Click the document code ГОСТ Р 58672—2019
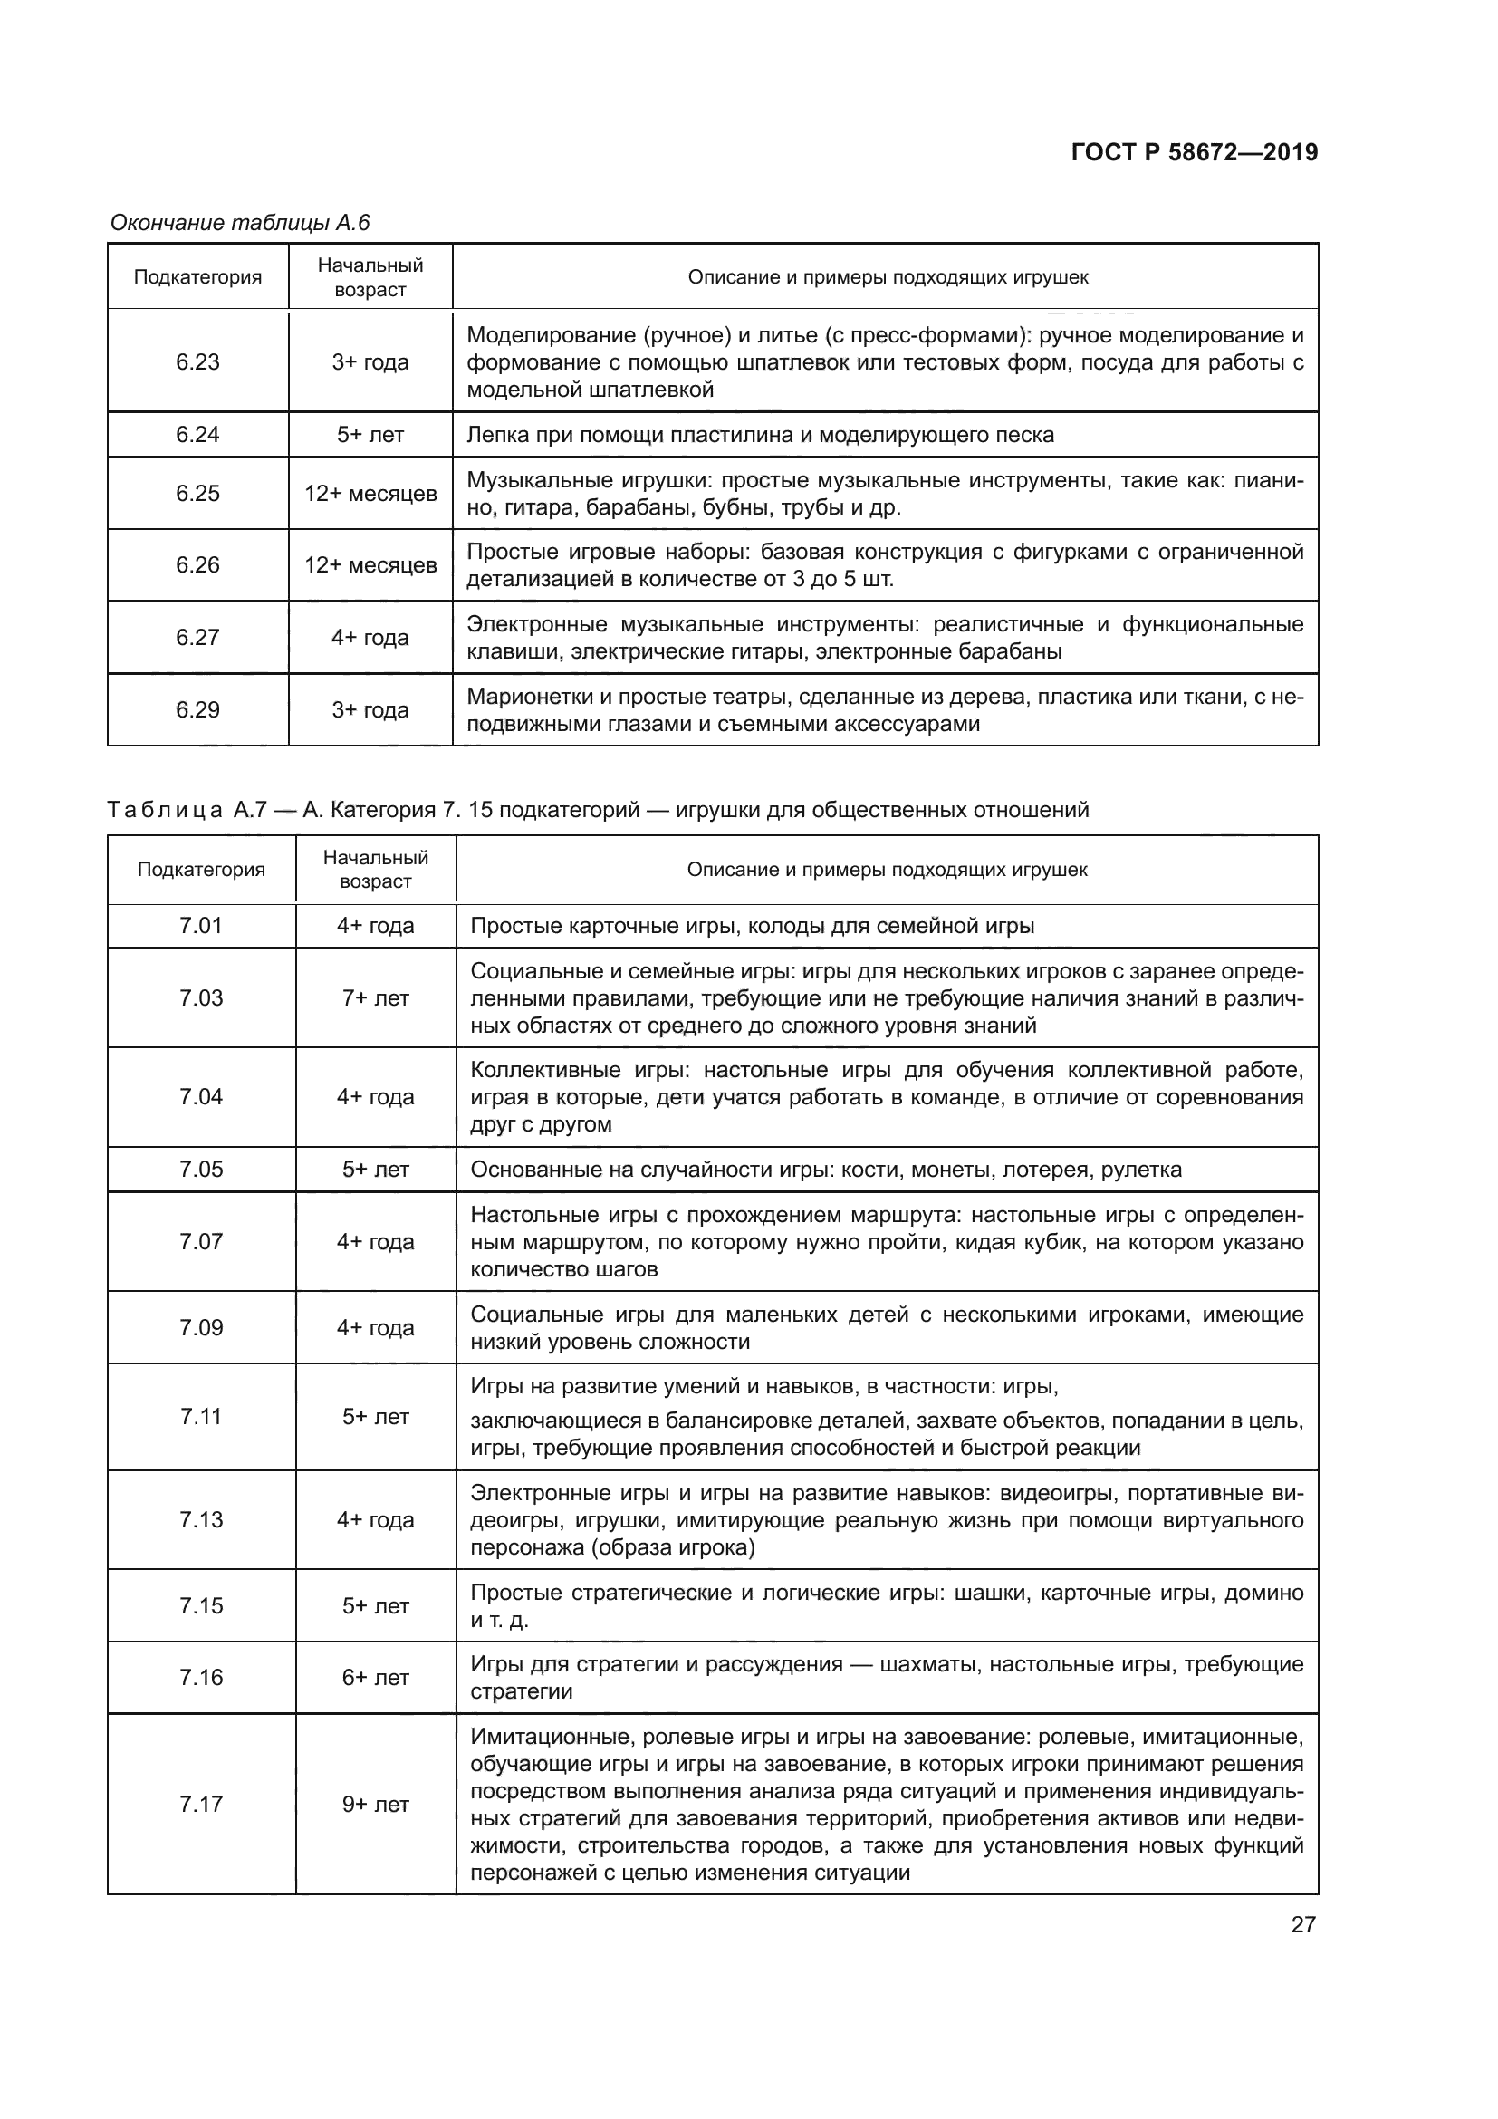click(x=1195, y=152)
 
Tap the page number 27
click(x=1303, y=1924)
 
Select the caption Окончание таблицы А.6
click(x=240, y=223)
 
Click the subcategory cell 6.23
click(x=197, y=361)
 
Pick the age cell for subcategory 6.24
click(x=370, y=435)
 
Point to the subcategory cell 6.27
click(x=197, y=637)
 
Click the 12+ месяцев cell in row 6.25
click(x=370, y=493)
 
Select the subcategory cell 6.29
click(x=197, y=709)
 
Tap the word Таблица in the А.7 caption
click(x=164, y=810)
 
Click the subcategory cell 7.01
click(x=201, y=926)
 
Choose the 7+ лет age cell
click(x=376, y=997)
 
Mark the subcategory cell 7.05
click(x=201, y=1170)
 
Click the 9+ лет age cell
click(x=376, y=1805)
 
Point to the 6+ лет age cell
click(x=376, y=1677)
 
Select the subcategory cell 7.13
click(x=201, y=1519)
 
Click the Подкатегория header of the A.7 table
click(x=201, y=870)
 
